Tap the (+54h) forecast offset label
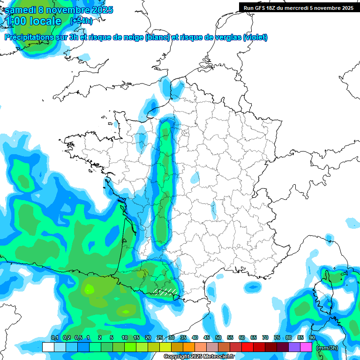point(81,21)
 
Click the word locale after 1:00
point(45,21)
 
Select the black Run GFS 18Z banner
point(299,7)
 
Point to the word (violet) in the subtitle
point(255,37)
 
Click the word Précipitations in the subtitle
point(28,37)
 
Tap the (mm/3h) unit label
point(327,348)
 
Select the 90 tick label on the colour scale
point(312,337)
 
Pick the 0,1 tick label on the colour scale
point(54,337)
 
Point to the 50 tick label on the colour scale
point(218,337)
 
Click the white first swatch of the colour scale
point(48,347)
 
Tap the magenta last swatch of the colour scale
point(306,347)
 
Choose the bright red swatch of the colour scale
point(247,347)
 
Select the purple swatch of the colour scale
point(294,347)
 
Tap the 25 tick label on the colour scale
point(160,337)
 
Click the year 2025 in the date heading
point(99,10)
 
